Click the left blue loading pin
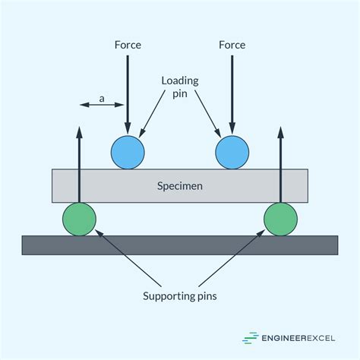click(128, 152)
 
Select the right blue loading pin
click(232, 152)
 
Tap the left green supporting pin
click(79, 219)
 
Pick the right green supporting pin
click(280, 219)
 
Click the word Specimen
click(179, 185)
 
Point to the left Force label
click(127, 45)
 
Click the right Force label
click(232, 45)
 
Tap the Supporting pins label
click(180, 295)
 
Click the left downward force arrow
click(128, 91)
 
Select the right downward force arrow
click(232, 91)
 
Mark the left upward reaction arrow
click(79, 163)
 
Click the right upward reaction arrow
click(280, 163)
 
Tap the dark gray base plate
click(179, 245)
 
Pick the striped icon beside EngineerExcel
click(249, 338)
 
